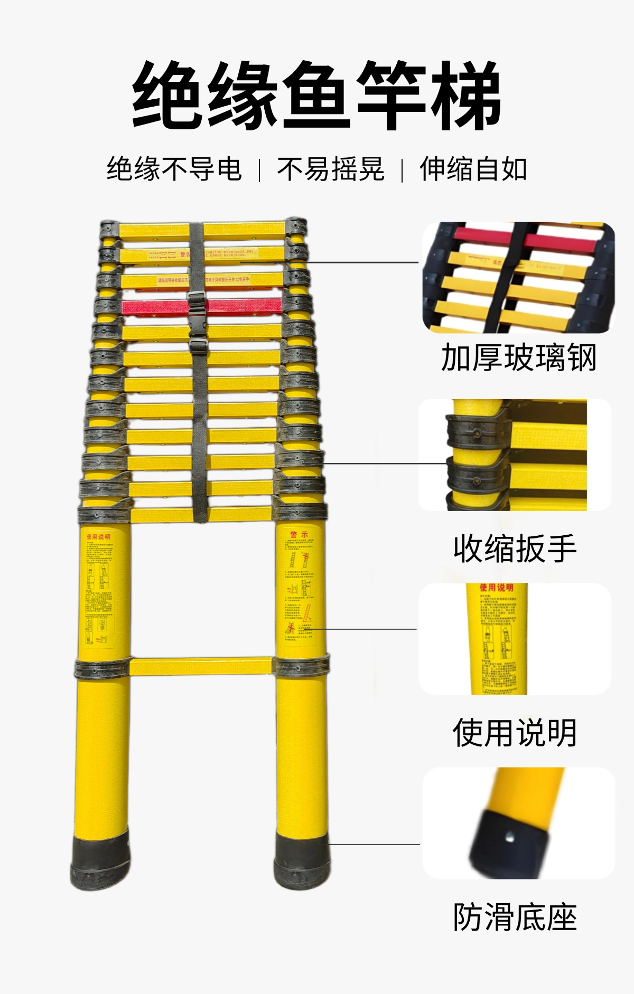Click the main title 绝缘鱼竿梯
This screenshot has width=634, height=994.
click(x=316, y=95)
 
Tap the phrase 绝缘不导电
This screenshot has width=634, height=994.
click(x=174, y=169)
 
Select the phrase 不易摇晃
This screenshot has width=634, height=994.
click(x=331, y=169)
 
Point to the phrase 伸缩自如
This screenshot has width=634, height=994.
click(x=473, y=169)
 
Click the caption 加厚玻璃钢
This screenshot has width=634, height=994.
click(x=518, y=358)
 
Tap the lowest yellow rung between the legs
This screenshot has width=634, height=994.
click(x=201, y=666)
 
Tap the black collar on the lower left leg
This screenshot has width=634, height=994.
click(x=101, y=669)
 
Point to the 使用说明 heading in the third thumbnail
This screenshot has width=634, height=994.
click(x=496, y=587)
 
